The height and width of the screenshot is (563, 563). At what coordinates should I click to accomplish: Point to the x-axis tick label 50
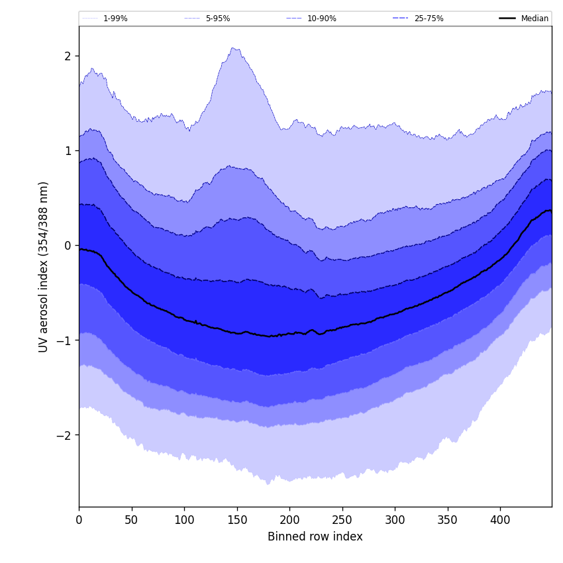(x=131, y=520)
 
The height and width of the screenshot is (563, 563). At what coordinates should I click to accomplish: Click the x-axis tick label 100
(x=184, y=520)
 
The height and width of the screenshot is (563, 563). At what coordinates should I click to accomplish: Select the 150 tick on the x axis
(x=236, y=520)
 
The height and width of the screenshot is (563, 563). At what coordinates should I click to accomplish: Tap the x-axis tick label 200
(x=289, y=520)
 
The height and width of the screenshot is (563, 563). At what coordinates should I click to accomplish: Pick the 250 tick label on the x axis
(x=342, y=520)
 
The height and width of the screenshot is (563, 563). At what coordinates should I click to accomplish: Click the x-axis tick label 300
(x=395, y=520)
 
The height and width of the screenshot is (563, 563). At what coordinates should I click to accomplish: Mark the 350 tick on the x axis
(x=447, y=520)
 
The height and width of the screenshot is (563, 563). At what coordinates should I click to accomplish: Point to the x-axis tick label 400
(x=500, y=520)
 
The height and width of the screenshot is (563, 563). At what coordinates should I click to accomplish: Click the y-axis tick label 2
(x=67, y=56)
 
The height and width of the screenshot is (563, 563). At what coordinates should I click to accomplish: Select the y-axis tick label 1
(x=67, y=150)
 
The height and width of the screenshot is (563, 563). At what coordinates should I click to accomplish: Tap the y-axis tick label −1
(x=64, y=340)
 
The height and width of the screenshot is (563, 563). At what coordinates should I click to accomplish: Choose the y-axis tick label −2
(x=64, y=435)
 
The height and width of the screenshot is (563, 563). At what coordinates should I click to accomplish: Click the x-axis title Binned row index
(x=315, y=537)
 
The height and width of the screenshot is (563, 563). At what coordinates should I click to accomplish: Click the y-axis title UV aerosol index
(x=44, y=266)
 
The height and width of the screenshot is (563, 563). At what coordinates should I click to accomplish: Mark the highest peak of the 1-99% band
(x=232, y=48)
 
